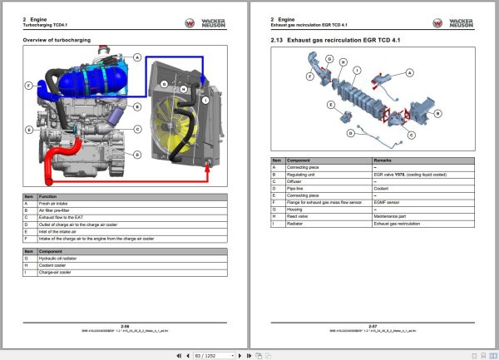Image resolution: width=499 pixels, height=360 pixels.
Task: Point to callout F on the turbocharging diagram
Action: point(29,86)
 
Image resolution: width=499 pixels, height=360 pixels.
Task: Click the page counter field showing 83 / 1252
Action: point(204,353)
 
